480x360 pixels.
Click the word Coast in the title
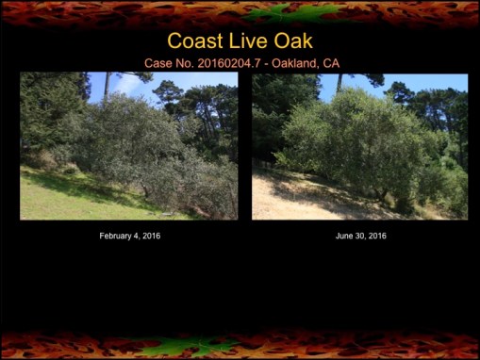pos(194,41)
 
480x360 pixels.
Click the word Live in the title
pos(246,41)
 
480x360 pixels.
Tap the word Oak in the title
pos(290,41)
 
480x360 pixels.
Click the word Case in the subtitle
pos(158,63)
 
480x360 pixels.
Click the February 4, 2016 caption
pos(129,236)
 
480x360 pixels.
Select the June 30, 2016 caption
pos(360,236)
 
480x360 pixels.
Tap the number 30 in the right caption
pos(360,236)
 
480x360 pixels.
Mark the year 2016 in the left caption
pos(151,236)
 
